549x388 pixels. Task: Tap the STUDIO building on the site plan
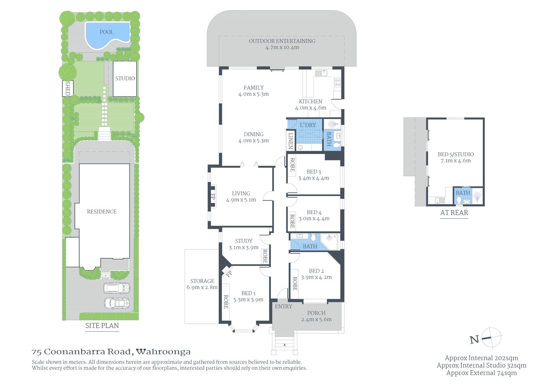click(125, 79)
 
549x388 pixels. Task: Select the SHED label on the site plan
click(68, 88)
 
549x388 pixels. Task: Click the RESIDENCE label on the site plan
click(101, 211)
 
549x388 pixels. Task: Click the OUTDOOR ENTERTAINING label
click(282, 44)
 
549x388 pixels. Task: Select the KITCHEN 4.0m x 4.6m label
click(310, 105)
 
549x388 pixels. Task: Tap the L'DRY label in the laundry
click(308, 125)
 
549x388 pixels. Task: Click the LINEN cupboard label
click(290, 141)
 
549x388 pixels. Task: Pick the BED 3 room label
click(314, 175)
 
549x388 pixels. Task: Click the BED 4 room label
click(314, 215)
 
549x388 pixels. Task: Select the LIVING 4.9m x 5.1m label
click(241, 196)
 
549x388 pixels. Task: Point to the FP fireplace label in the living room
click(213, 197)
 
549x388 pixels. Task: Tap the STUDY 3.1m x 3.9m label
click(243, 244)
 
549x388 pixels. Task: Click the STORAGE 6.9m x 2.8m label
click(202, 284)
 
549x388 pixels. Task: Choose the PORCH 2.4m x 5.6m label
click(316, 316)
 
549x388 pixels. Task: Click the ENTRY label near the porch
click(283, 306)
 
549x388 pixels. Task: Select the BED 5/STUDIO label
click(456, 157)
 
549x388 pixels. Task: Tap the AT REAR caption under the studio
click(454, 213)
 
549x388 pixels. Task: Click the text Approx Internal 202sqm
click(481, 358)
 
